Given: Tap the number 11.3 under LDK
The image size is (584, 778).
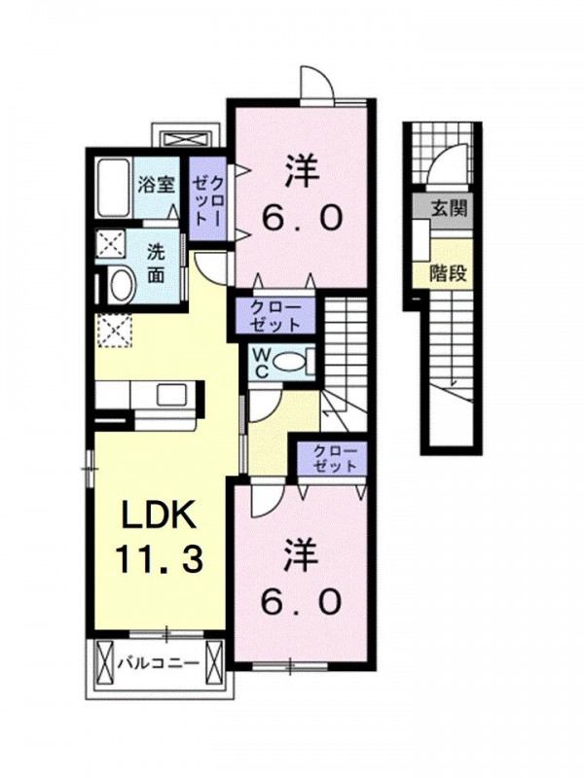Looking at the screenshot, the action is click(159, 558).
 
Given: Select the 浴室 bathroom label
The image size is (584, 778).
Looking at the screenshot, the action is click(156, 185).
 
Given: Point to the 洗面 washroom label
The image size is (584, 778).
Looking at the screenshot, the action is click(157, 264).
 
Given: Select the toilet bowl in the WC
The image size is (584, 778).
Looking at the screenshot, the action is click(288, 362).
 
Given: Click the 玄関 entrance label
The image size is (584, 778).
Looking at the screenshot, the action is click(449, 208).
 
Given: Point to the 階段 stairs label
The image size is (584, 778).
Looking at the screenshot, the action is click(448, 273).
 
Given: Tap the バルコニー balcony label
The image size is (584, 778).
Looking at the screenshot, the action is click(159, 663).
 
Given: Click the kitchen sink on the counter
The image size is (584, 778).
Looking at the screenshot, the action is click(173, 395).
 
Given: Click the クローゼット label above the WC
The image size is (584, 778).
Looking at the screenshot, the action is click(275, 315).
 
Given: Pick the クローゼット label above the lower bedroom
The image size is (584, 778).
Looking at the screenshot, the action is click(335, 459).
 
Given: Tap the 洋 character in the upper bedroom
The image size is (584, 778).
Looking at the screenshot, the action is click(301, 171).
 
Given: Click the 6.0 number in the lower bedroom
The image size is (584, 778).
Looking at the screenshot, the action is click(302, 601).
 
